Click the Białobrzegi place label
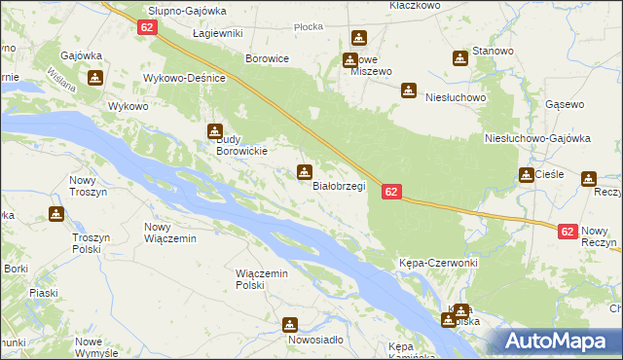click(x=338, y=187)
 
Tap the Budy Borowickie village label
click(x=239, y=145)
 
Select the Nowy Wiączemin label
click(x=170, y=233)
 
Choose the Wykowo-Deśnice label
click(x=184, y=77)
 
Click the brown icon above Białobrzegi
click(x=305, y=172)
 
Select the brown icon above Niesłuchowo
click(x=409, y=90)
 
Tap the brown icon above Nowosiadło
click(x=290, y=324)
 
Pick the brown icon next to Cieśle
click(x=526, y=175)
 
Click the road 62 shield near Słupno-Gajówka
click(x=147, y=27)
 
